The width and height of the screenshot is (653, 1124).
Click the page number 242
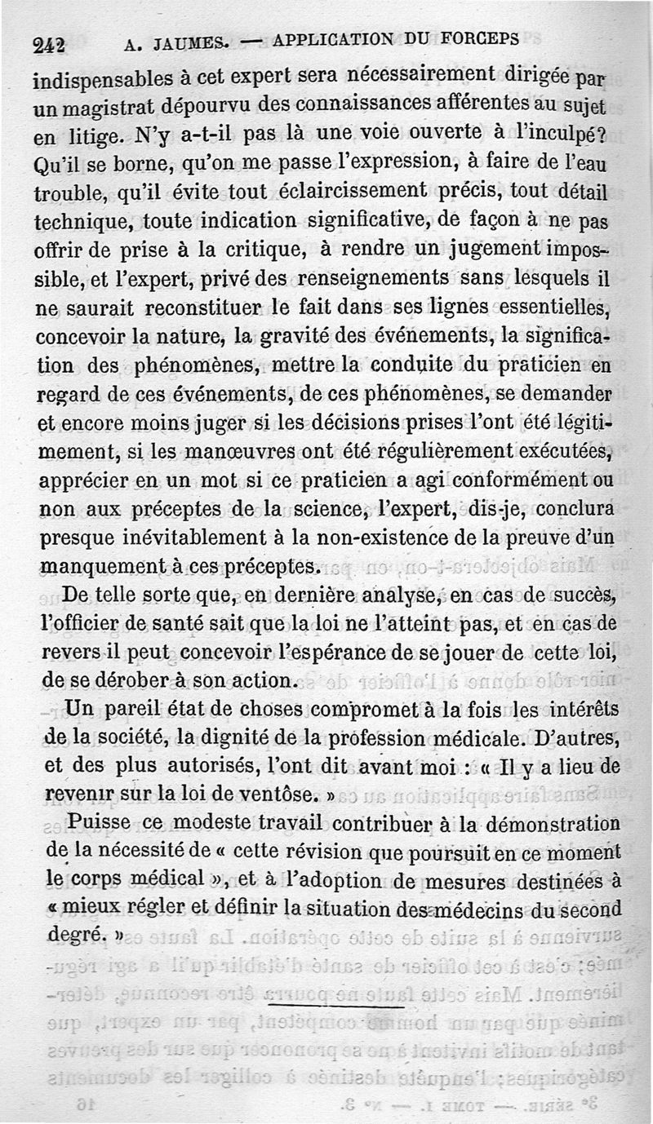(x=49, y=46)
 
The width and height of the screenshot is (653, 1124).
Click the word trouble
(x=69, y=193)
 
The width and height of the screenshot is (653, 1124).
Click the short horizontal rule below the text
(x=335, y=1005)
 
